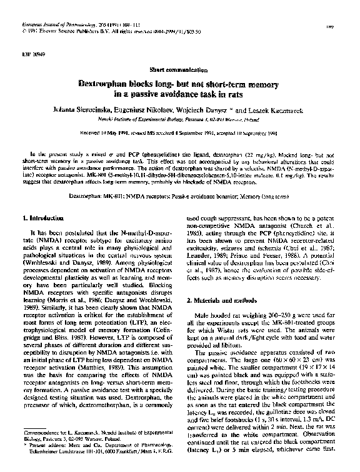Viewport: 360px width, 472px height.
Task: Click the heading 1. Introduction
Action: [x=46, y=219]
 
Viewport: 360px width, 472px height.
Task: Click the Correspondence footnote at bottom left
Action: [x=87, y=449]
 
